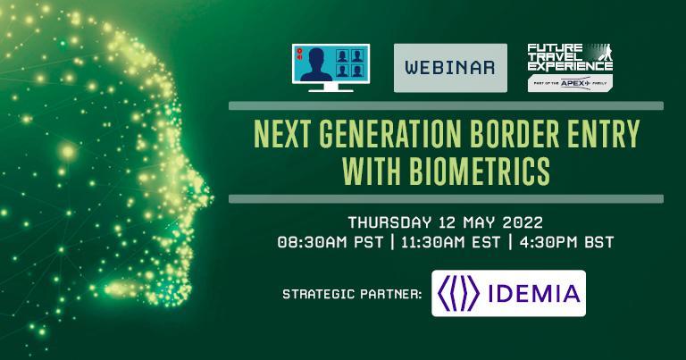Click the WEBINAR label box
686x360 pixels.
tap(450, 68)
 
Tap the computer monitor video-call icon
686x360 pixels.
tap(330, 67)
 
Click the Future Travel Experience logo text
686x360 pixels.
tap(570, 57)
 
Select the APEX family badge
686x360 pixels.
tap(570, 83)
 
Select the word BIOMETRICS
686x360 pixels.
tap(479, 171)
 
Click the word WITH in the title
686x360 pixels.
tap(372, 171)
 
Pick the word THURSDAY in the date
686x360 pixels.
tap(389, 222)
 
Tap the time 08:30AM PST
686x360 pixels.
tap(330, 242)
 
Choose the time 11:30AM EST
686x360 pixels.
tap(450, 242)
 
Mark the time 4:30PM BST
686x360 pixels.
tap(566, 242)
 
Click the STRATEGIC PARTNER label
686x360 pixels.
tap(352, 294)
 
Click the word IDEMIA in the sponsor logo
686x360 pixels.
tap(534, 294)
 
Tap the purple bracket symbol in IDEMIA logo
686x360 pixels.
tap(458, 293)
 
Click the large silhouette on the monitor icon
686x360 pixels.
tap(316, 64)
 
